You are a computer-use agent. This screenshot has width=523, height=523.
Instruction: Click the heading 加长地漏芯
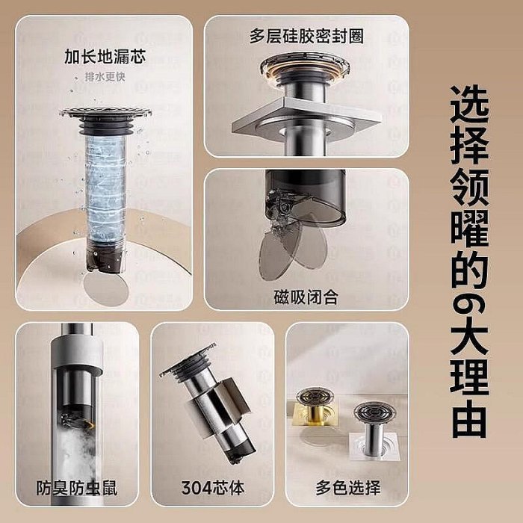coord(105,57)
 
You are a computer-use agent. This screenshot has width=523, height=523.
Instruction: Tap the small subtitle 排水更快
coord(105,77)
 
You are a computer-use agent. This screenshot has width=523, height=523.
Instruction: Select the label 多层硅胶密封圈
coord(306,36)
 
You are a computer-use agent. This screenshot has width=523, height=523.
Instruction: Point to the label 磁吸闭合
coord(306,297)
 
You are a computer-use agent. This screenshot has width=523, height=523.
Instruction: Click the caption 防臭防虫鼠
coord(77,488)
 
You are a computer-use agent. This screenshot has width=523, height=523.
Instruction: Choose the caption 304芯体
coord(213,488)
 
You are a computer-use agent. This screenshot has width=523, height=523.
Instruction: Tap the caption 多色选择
coord(348,488)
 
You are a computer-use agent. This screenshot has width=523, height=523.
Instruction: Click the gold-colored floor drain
coord(315,407)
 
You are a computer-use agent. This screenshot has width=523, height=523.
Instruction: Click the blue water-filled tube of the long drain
coord(106,188)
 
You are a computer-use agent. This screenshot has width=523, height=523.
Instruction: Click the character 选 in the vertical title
coord(469,105)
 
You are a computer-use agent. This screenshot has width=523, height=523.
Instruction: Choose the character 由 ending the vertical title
coord(469,419)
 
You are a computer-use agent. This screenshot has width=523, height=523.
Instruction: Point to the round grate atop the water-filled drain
coord(105,113)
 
